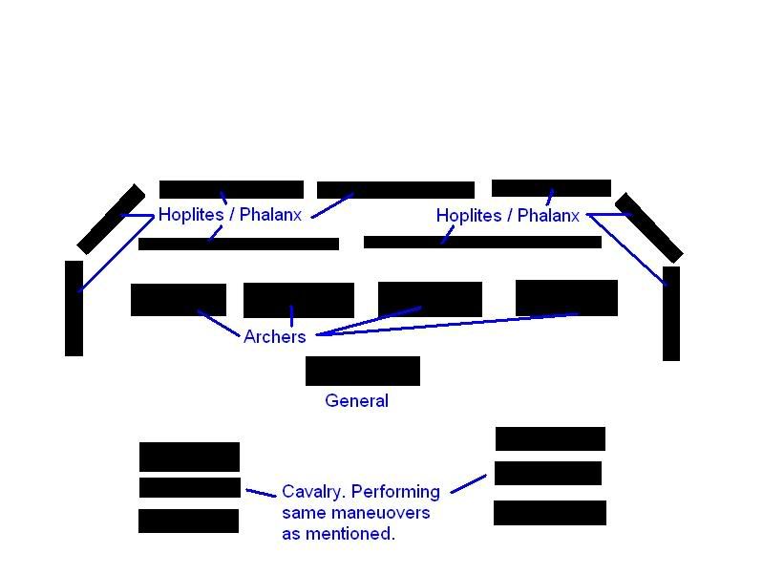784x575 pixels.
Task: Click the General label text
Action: (x=356, y=401)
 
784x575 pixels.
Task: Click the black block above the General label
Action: (x=362, y=371)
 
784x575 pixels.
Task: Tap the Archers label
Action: (x=274, y=336)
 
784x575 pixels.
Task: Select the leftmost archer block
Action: (x=178, y=299)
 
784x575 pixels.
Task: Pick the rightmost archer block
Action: (x=566, y=297)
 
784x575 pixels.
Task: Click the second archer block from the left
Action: (x=298, y=300)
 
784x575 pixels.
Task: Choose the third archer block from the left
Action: (x=430, y=298)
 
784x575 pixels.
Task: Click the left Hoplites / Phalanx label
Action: (x=229, y=215)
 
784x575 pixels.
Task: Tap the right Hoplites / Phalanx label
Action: (x=507, y=216)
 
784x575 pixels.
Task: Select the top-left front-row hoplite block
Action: (x=230, y=189)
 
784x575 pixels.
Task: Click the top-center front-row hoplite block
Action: (x=395, y=190)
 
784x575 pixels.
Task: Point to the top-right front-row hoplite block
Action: (x=551, y=188)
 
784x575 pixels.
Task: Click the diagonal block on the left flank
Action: (x=111, y=219)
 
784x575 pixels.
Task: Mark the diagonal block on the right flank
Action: (x=648, y=227)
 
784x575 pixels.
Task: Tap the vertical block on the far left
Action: (x=74, y=308)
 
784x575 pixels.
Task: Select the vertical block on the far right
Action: (x=671, y=313)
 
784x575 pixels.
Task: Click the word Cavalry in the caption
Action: (x=311, y=492)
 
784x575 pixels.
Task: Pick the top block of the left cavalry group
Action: (x=189, y=456)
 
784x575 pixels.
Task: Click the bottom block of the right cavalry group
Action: (x=549, y=513)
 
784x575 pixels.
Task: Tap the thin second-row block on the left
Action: (x=238, y=244)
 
